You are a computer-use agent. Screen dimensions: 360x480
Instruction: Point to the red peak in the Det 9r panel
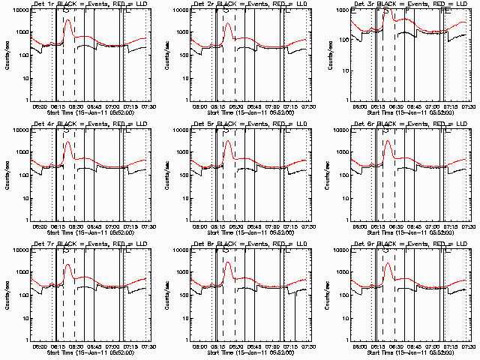point(388,263)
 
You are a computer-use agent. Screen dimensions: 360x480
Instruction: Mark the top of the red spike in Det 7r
point(67,264)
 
